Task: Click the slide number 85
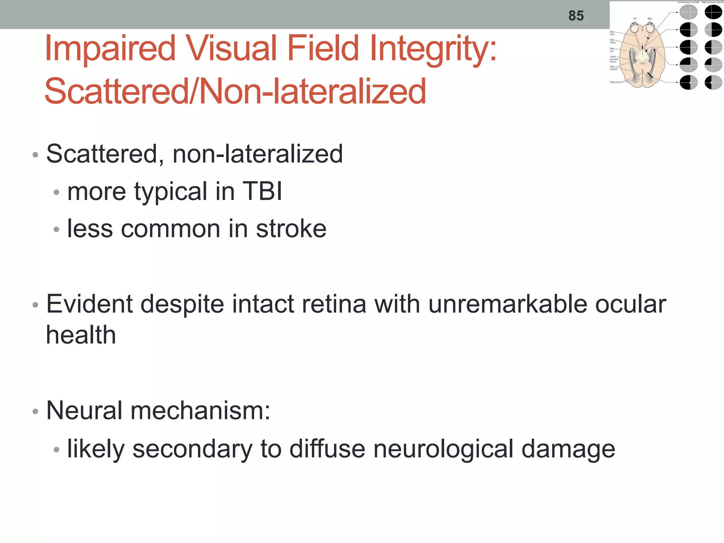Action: [576, 16]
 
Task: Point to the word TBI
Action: [262, 191]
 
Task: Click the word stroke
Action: [291, 229]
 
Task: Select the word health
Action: [81, 335]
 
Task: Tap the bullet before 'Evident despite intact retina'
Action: [35, 305]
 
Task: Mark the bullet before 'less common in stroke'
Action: [56, 229]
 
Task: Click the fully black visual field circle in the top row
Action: [713, 12]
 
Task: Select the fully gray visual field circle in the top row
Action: [688, 12]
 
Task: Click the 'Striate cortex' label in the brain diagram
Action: [615, 82]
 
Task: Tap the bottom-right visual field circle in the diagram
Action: [713, 83]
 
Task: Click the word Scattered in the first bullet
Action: [102, 154]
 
